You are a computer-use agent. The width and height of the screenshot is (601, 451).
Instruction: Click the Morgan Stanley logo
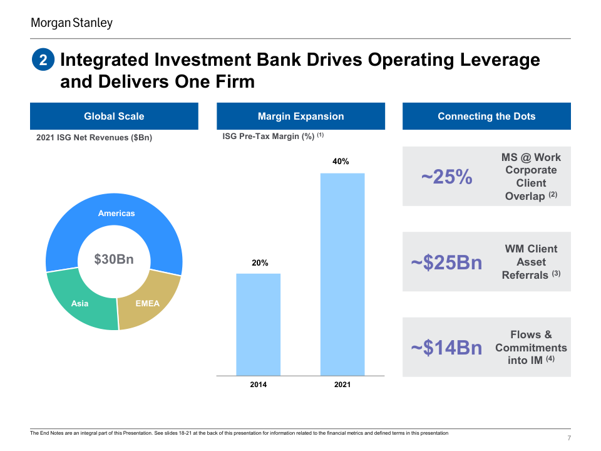[x=72, y=23]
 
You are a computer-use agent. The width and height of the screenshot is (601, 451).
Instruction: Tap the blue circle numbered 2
[x=43, y=60]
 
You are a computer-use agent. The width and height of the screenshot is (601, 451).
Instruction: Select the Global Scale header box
[x=114, y=117]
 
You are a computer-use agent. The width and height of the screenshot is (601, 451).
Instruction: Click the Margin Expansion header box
[x=300, y=117]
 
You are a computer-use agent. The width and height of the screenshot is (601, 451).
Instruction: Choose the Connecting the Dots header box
[x=486, y=117]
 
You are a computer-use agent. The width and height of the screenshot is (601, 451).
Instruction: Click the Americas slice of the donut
[x=116, y=214]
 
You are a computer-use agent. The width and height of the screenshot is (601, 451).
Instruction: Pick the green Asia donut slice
[x=80, y=304]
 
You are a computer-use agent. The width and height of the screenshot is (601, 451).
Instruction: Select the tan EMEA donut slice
[x=148, y=304]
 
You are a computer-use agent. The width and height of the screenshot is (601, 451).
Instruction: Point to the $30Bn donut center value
[x=114, y=259]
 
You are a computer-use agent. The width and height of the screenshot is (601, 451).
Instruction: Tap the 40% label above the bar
[x=341, y=162]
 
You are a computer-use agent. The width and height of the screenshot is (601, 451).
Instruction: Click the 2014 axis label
[x=258, y=385]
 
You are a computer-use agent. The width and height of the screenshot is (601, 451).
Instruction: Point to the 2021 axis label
[x=342, y=385]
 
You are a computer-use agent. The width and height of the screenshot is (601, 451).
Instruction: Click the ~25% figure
[x=446, y=177]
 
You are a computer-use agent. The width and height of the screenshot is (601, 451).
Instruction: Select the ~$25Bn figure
[x=446, y=262]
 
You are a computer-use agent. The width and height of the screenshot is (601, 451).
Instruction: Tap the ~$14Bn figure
[x=446, y=348]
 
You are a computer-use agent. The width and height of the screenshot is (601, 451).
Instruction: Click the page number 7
[x=568, y=437]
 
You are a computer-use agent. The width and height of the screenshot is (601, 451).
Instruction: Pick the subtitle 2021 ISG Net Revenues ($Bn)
[x=94, y=138]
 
